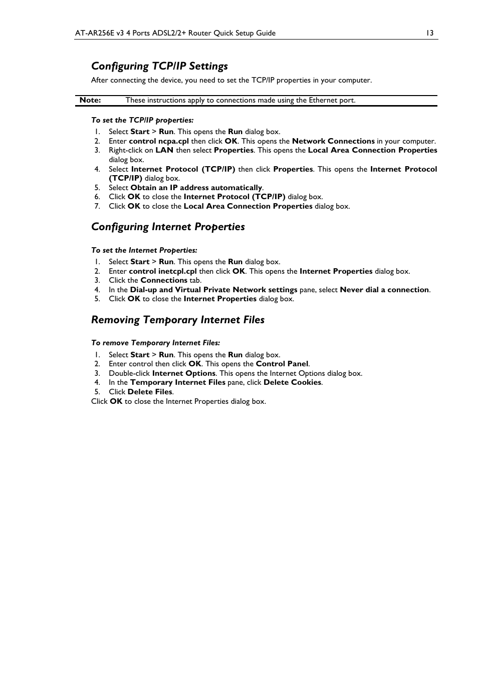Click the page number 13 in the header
pos(429,33)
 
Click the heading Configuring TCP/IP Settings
pos(159,66)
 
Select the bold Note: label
pos(90,100)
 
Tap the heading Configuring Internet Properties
pos(168,227)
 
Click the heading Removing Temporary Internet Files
pos(178,320)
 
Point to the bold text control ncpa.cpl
pos(159,141)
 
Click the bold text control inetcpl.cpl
pos(163,271)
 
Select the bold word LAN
pos(164,150)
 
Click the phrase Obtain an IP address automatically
pos(196,188)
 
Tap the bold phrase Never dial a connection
pos(384,290)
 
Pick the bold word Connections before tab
pos(164,280)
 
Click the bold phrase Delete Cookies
pos(292,382)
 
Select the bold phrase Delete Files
pos(150,392)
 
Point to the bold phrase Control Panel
pos(282,364)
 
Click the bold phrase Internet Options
pos(184,373)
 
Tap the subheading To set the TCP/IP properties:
pos(142,120)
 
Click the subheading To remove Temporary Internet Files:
pos(155,343)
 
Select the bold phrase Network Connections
pos(333,141)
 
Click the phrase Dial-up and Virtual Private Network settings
pos(213,290)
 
